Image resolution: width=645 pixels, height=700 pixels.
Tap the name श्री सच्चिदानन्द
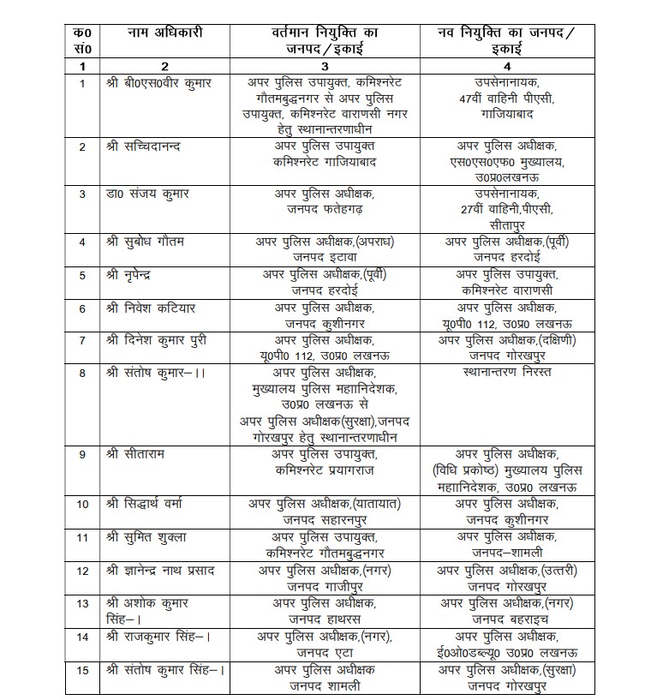(x=147, y=147)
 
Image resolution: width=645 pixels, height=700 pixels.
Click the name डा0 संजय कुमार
(x=146, y=194)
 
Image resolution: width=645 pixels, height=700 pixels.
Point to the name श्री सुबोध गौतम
(x=143, y=242)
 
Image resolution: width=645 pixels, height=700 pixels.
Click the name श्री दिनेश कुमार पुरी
(x=157, y=340)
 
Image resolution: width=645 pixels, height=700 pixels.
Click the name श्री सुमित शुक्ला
(x=146, y=536)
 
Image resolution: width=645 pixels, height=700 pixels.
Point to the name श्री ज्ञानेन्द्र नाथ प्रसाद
(x=164, y=570)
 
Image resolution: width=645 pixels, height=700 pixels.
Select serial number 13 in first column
(x=82, y=603)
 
